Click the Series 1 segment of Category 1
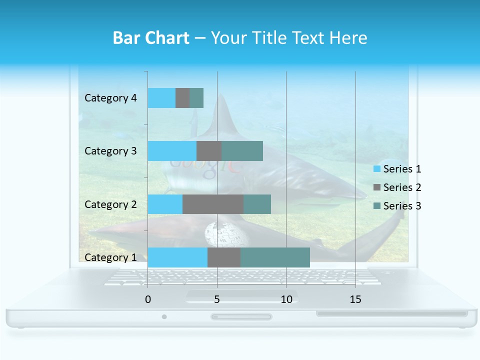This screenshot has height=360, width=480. click(x=177, y=257)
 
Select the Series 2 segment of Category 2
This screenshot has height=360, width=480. click(x=213, y=204)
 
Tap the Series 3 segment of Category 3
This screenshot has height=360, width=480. click(x=242, y=151)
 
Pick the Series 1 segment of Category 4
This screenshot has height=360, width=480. click(x=161, y=98)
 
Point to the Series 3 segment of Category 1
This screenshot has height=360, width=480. click(x=275, y=257)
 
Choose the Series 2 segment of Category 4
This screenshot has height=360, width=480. click(x=182, y=98)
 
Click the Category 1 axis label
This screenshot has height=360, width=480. click(x=110, y=257)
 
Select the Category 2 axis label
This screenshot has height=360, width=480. click(x=110, y=204)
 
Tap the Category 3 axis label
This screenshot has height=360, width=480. click(x=110, y=151)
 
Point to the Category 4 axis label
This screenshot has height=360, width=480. click(x=110, y=98)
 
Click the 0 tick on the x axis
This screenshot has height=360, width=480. click(x=148, y=299)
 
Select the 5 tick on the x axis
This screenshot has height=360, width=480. click(x=217, y=299)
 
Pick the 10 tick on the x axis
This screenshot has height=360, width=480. click(x=286, y=299)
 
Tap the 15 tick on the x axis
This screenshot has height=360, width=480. click(x=355, y=299)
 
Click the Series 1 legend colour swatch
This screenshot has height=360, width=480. click(x=376, y=169)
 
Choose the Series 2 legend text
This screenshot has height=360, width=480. click(x=402, y=187)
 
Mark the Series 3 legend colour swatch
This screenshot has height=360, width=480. click(x=376, y=206)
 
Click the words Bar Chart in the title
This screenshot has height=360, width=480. click(x=151, y=38)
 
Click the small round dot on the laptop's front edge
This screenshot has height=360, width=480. click(x=164, y=316)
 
